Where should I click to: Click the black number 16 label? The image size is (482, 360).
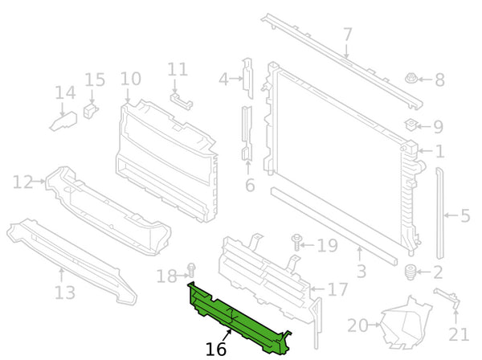click(216, 350)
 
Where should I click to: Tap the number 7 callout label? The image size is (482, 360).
click(347, 35)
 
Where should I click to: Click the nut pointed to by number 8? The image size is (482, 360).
click(411, 79)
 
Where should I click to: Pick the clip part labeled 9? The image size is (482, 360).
click(411, 125)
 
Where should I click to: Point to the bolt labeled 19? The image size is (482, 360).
click(296, 242)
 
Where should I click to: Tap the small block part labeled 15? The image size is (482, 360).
click(90, 111)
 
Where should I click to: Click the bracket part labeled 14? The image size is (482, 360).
click(64, 121)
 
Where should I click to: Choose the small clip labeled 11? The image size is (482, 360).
click(182, 101)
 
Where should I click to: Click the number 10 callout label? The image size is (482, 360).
click(131, 79)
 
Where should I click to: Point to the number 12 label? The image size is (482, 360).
click(22, 182)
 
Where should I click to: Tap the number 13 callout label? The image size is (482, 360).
click(65, 292)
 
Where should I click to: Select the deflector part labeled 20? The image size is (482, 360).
click(406, 322)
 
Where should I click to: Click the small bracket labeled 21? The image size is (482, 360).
click(447, 298)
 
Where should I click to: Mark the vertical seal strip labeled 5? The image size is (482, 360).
click(440, 214)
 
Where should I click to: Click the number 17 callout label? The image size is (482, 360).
click(338, 289)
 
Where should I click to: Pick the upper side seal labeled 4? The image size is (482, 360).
click(247, 78)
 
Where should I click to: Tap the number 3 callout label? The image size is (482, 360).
click(361, 271)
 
